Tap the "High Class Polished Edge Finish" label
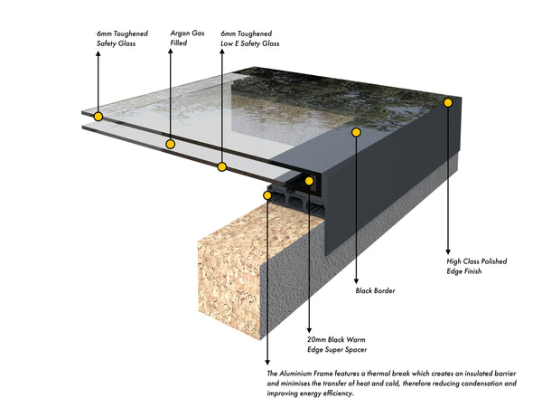pos(476,266)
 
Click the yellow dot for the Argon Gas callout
pos(169,144)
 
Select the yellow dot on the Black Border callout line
pos(356,132)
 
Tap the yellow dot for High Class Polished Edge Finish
pos(448,104)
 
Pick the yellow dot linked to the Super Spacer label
pos(309,181)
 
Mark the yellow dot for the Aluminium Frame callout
pos(267,194)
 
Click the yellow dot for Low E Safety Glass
pos(221,166)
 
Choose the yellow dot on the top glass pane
pos(97,117)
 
